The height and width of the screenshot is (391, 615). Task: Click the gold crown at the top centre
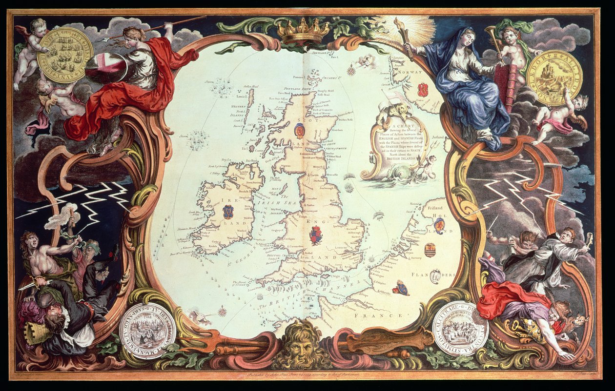pos(304,32)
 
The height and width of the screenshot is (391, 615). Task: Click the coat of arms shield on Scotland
pos(300,131)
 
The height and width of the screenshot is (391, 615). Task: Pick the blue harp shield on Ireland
pos(227,212)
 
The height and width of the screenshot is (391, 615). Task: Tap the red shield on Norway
pos(423,90)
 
